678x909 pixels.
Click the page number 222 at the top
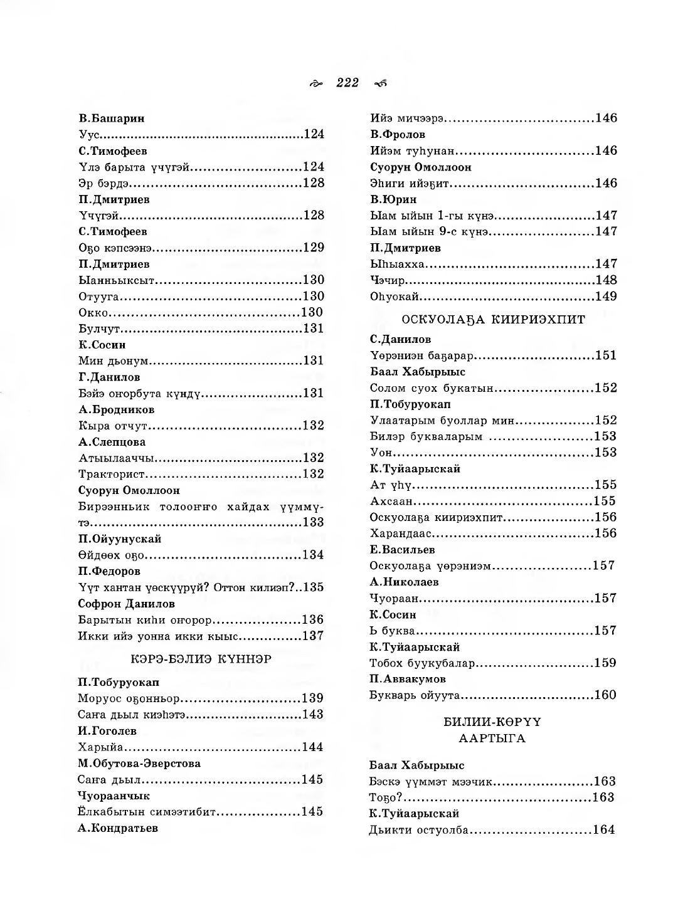347,83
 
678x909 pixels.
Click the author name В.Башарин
112,118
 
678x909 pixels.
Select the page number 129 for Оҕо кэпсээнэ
313,248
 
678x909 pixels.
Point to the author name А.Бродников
117,409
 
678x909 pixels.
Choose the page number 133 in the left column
313,523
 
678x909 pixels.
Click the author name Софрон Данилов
126,604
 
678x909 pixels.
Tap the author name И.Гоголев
107,731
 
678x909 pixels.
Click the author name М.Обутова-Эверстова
139,764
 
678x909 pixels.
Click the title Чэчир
388,280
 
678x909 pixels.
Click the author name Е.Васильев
402,550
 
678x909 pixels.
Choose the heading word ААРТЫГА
492,738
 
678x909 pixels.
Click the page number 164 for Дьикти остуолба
603,830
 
